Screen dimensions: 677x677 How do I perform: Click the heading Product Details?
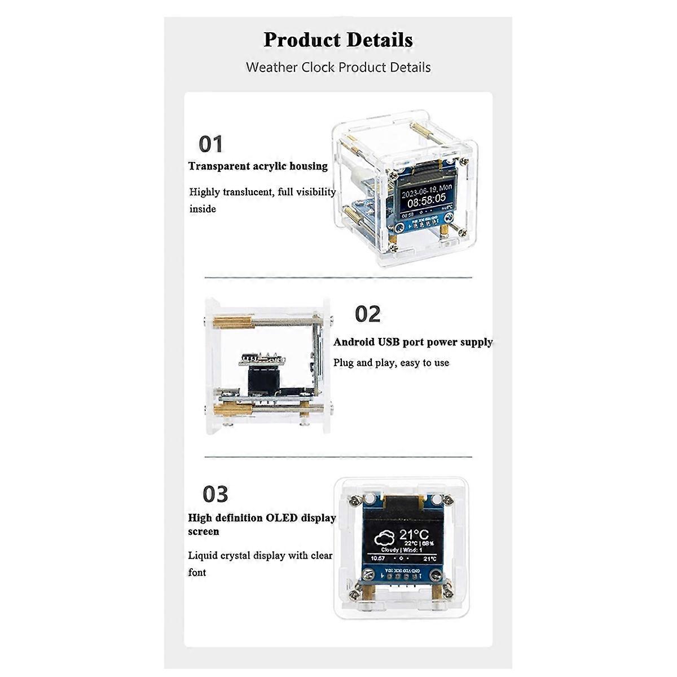pyautogui.click(x=338, y=40)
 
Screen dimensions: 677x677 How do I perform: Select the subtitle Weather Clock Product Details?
pyautogui.click(x=338, y=68)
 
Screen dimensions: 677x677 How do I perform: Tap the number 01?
pyautogui.click(x=211, y=144)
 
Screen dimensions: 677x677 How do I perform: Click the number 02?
pyautogui.click(x=368, y=314)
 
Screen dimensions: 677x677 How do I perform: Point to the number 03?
pyautogui.click(x=215, y=494)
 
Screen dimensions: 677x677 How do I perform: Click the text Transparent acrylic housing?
pyautogui.click(x=258, y=166)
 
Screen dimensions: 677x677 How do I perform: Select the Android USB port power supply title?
pyautogui.click(x=412, y=342)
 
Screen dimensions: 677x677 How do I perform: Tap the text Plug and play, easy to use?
pyautogui.click(x=391, y=363)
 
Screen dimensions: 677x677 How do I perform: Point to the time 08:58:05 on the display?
pyautogui.click(x=426, y=198)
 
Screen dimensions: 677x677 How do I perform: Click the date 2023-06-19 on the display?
pyautogui.click(x=418, y=187)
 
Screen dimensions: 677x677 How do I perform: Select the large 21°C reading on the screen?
pyautogui.click(x=414, y=534)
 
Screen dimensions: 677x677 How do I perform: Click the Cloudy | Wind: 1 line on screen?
pyautogui.click(x=402, y=549)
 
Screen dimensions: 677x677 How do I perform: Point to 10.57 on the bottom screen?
pyautogui.click(x=377, y=559)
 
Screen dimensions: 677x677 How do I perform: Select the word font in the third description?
pyautogui.click(x=197, y=572)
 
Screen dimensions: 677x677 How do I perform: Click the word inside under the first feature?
pyautogui.click(x=203, y=209)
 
